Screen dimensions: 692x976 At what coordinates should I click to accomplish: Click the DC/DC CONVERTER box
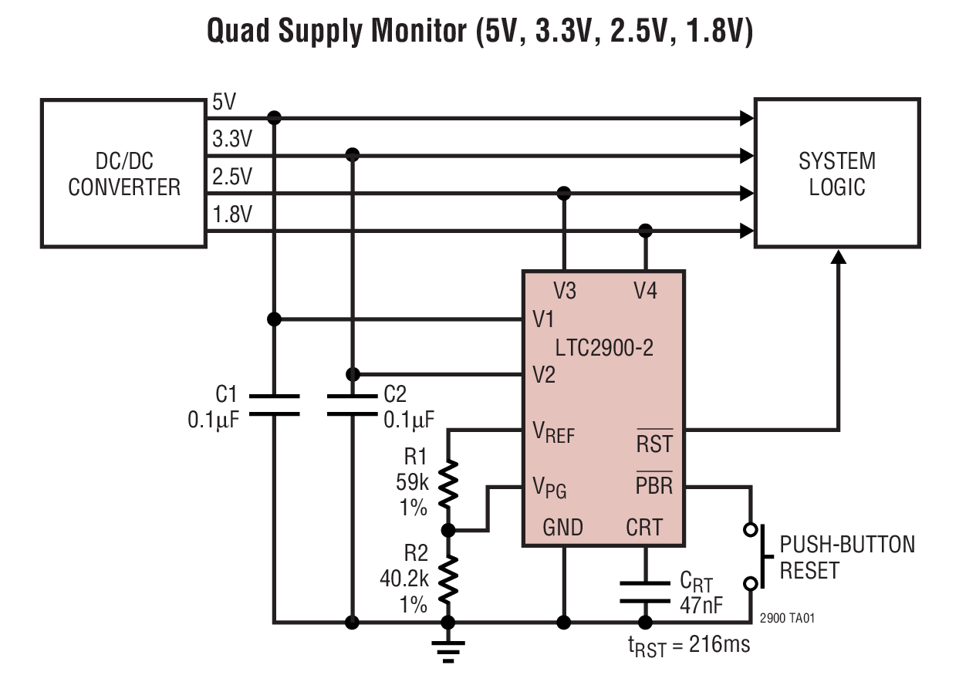[123, 173]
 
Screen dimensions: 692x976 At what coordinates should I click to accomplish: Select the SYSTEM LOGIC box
[836, 173]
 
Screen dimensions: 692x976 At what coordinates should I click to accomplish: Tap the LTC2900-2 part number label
[604, 347]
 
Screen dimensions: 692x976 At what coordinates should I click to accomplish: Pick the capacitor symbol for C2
[353, 405]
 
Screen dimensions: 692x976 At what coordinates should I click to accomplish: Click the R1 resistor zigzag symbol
[447, 483]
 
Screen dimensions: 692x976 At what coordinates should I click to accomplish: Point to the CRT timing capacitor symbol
[646, 591]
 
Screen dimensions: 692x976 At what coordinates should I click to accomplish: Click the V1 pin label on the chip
[543, 319]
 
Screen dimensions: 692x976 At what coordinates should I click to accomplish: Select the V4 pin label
[646, 291]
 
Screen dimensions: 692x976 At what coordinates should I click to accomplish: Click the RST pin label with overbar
[653, 443]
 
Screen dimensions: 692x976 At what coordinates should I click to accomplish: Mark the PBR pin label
[653, 486]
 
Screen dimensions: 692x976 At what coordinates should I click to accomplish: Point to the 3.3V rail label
[231, 140]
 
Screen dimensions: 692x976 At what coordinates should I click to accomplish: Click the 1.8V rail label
[231, 214]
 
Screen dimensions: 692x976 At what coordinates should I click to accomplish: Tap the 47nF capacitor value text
[701, 605]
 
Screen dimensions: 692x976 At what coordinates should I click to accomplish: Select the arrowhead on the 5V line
[746, 118]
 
